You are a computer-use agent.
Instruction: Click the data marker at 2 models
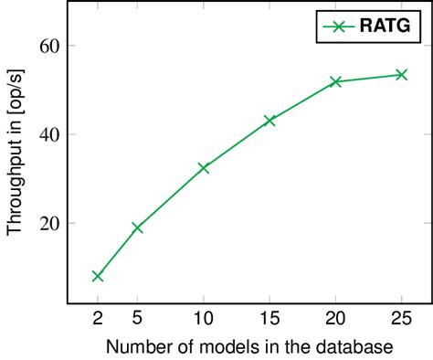point(98,276)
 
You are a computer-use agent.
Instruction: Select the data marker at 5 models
point(138,228)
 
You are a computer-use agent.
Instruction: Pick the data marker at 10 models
point(204,168)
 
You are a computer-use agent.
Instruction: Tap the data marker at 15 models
point(269,121)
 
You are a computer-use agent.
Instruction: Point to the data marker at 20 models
point(335,82)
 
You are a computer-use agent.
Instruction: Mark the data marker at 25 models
point(401,74)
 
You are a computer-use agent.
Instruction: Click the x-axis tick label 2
point(98,319)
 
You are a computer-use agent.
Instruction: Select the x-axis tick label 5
point(138,319)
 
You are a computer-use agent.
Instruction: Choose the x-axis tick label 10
point(204,319)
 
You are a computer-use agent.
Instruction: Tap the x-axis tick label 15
point(269,319)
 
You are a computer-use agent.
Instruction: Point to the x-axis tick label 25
point(401,319)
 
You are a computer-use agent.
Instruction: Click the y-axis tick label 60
point(50,46)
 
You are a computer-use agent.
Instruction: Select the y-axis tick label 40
point(50,134)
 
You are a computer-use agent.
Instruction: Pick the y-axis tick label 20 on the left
point(50,223)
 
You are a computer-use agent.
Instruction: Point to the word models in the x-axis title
point(211,347)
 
